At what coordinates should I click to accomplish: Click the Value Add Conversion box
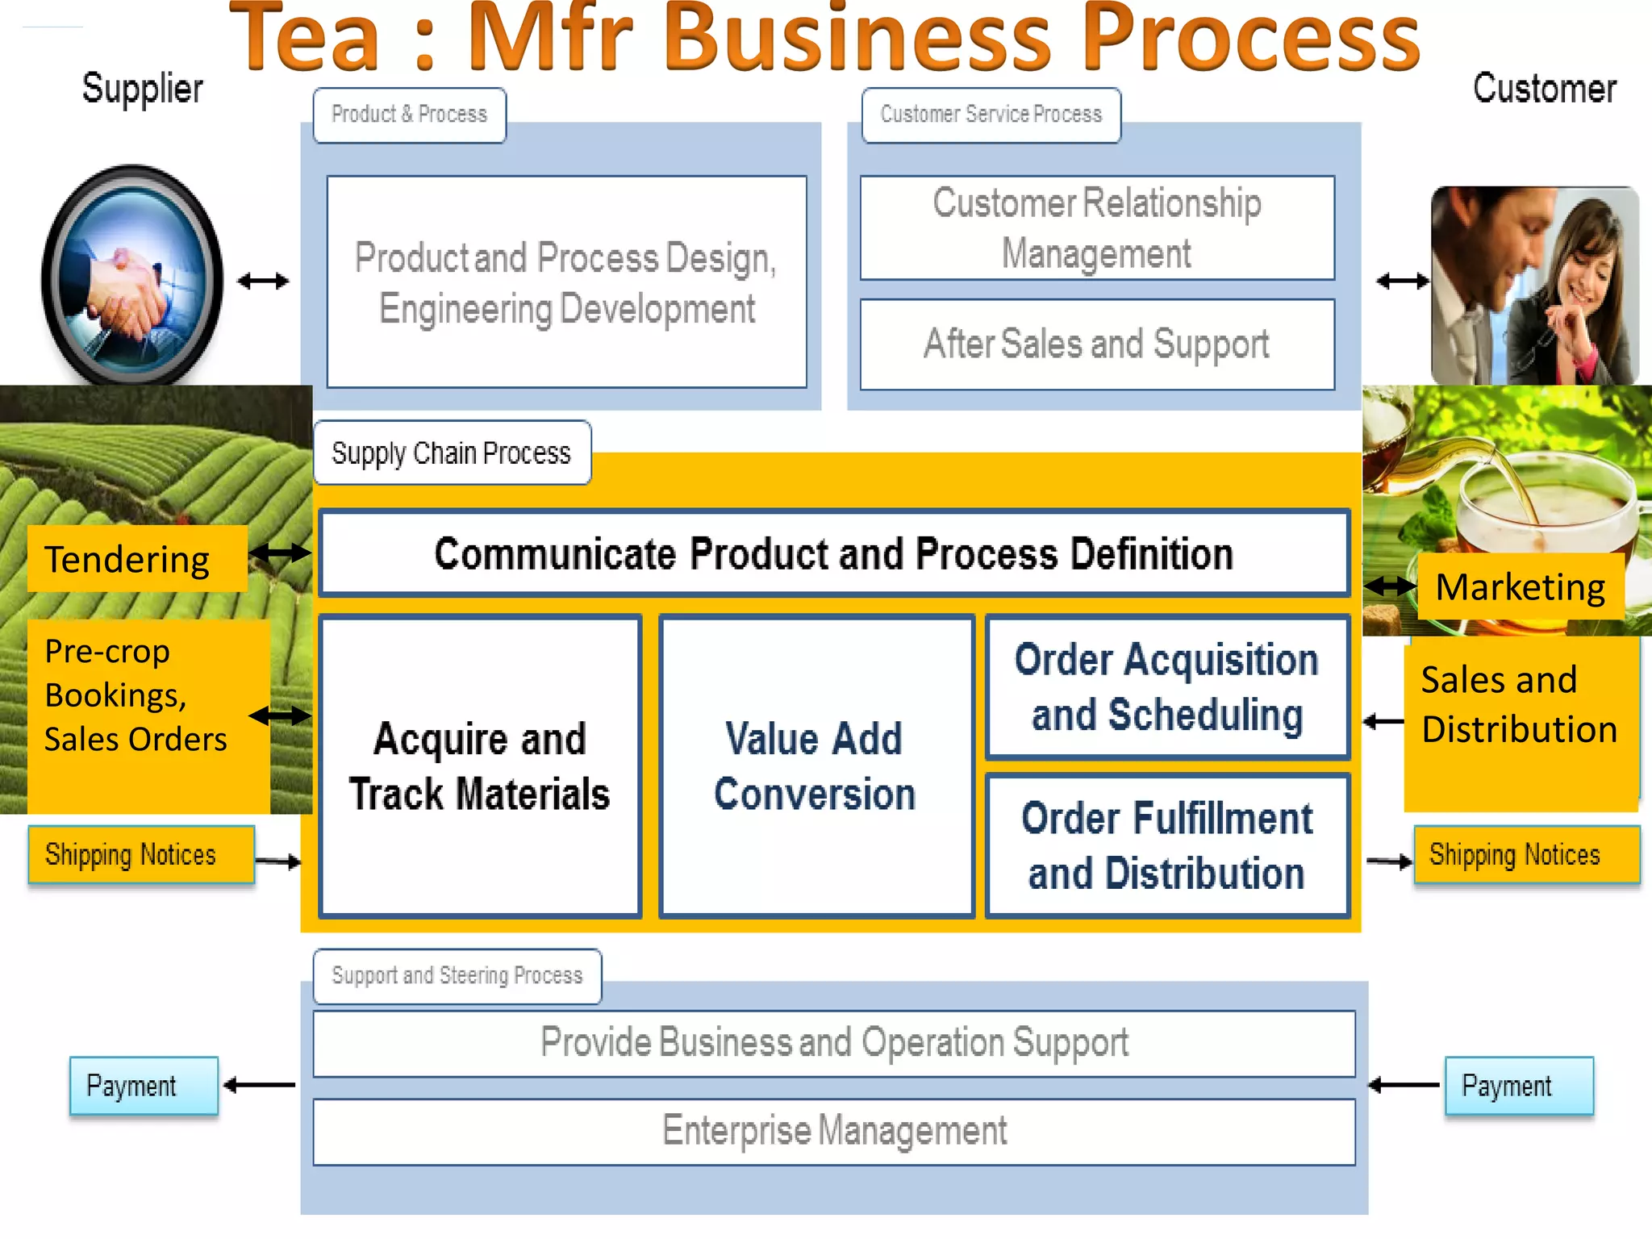point(816,766)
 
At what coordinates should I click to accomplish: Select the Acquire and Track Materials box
point(480,766)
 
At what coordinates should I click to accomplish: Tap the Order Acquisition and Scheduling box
point(1167,687)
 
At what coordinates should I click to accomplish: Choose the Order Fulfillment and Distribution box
point(1167,845)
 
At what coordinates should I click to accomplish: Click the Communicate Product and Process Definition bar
point(833,553)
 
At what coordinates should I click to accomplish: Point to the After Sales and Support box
point(1096,344)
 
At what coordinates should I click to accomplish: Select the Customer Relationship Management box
point(1096,228)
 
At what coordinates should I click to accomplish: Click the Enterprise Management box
point(833,1131)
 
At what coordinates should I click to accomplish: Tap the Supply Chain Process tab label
point(452,453)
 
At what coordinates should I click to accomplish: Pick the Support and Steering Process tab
point(457,976)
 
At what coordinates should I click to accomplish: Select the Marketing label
point(1520,586)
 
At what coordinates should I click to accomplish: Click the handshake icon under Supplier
point(131,275)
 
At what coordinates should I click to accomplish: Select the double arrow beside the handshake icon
point(263,281)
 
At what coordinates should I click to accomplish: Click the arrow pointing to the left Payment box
point(259,1086)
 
